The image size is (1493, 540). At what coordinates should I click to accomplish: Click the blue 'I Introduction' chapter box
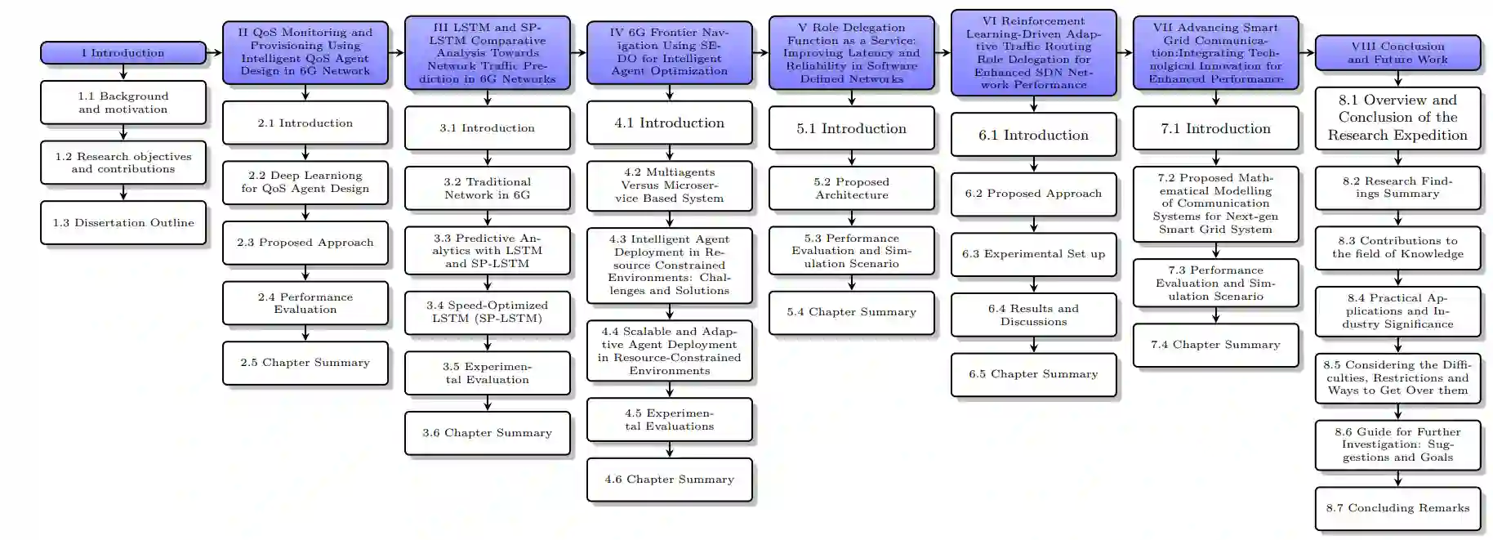(x=123, y=53)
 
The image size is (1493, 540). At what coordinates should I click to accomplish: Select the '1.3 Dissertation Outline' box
(x=123, y=223)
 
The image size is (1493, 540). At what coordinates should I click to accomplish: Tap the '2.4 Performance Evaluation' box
(x=305, y=303)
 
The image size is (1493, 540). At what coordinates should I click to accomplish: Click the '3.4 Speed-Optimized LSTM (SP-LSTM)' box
(x=488, y=312)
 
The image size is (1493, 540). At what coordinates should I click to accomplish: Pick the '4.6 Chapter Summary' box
(x=670, y=480)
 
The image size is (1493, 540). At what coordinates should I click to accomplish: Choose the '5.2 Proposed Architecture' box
(x=852, y=189)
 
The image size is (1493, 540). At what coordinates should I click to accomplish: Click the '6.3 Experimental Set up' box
(x=1034, y=254)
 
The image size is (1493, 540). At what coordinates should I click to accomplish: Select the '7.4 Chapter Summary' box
(x=1216, y=345)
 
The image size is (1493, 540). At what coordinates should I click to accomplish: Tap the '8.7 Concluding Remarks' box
(x=1398, y=508)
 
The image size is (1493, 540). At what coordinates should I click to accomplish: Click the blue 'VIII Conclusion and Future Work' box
(x=1398, y=53)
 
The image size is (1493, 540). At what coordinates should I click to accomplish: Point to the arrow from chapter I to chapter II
(x=215, y=53)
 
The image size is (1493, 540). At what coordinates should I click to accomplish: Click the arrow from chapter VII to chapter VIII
(x=1307, y=53)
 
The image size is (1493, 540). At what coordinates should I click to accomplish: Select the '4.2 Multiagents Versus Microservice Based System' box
(x=670, y=185)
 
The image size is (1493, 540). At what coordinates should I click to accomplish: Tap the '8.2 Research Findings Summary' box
(x=1398, y=188)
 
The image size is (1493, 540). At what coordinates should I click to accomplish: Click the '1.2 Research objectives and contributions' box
(x=123, y=163)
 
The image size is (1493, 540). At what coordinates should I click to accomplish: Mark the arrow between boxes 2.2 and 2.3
(x=305, y=213)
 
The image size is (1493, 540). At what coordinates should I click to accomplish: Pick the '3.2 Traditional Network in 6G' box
(x=488, y=189)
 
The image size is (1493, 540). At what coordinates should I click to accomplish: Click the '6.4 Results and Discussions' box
(x=1034, y=315)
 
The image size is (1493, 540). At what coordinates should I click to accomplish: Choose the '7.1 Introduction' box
(x=1216, y=128)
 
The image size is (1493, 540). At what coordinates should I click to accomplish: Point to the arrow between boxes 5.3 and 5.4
(x=852, y=283)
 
